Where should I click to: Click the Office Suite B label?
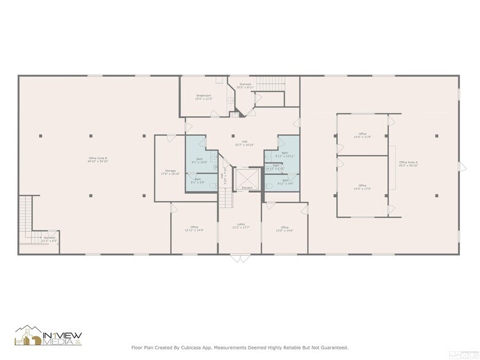[98, 160]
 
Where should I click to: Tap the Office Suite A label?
[408, 164]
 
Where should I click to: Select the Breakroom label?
[204, 97]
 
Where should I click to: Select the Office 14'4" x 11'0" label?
[362, 135]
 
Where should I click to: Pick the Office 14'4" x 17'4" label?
[362, 187]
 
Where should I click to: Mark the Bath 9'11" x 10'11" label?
[285, 154]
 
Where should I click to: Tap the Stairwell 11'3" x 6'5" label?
[50, 239]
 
